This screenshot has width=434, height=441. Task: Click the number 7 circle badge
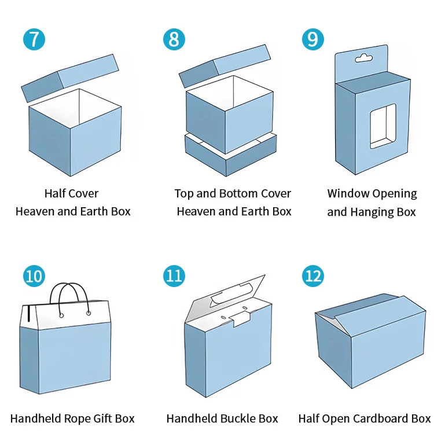[34, 39]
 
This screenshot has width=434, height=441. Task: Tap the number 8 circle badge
[174, 39]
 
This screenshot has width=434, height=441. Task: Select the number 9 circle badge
[313, 39]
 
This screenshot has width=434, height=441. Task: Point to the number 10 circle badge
[34, 275]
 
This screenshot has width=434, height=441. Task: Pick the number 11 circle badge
[174, 275]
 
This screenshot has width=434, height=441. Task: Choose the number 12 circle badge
[313, 275]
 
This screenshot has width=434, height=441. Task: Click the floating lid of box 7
[69, 78]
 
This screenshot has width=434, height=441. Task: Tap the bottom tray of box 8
[230, 155]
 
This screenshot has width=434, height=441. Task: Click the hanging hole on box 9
[363, 58]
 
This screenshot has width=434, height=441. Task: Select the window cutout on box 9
[382, 126]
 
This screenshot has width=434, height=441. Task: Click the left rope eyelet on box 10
[60, 314]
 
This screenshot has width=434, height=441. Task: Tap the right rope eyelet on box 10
[89, 313]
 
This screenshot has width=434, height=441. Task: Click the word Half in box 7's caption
[55, 193]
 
